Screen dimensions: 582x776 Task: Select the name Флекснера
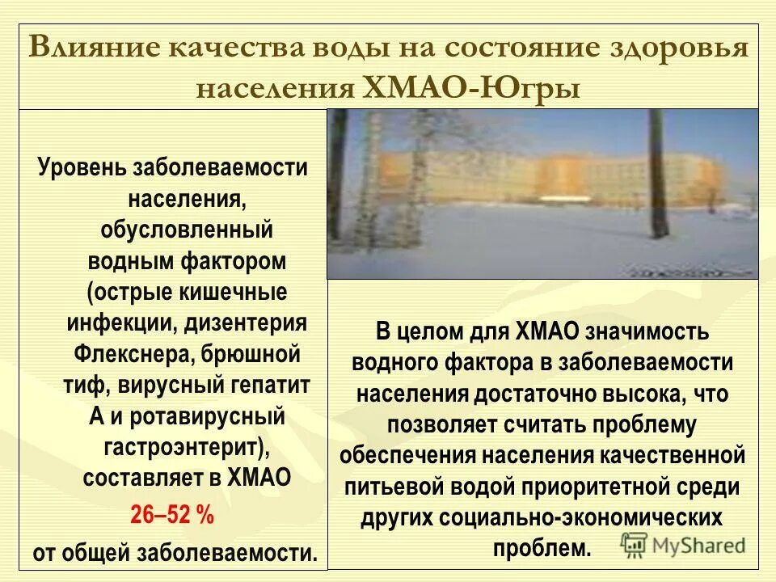click(125, 354)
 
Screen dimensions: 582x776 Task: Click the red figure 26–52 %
click(172, 516)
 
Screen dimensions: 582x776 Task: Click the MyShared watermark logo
click(683, 544)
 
